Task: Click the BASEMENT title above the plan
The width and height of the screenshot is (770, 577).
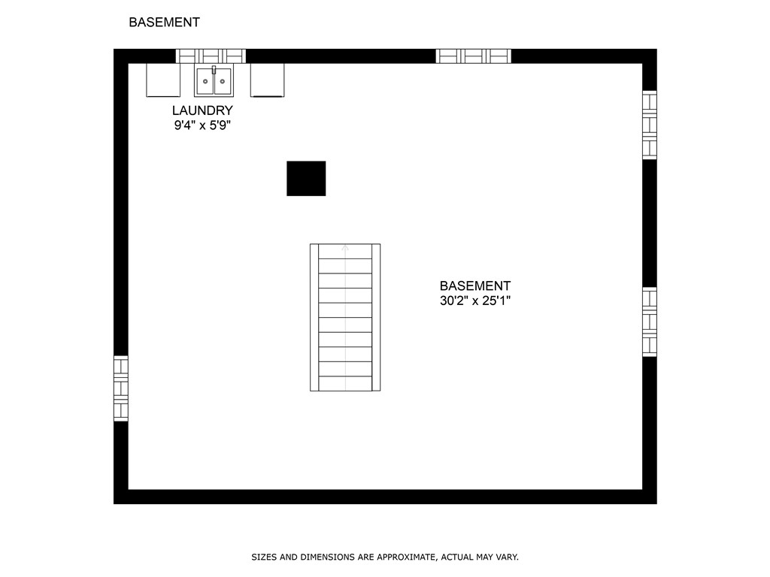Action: coord(164,22)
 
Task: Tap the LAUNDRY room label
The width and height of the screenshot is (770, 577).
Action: coord(202,110)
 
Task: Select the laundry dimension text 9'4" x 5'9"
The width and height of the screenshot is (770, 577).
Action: coord(202,125)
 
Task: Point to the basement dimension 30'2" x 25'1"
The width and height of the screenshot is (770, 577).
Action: coord(475,301)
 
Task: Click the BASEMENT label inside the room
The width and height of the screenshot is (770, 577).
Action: coord(475,285)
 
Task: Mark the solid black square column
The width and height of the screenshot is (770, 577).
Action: coord(306,178)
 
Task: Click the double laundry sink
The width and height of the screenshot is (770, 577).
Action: coord(214,81)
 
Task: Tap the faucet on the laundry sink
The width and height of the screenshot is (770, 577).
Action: coord(214,70)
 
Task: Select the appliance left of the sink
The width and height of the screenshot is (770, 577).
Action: coord(163,80)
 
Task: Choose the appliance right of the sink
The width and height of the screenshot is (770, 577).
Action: coord(267,80)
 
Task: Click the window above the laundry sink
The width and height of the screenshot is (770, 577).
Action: coord(211,56)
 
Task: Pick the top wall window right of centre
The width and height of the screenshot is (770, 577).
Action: coord(474,56)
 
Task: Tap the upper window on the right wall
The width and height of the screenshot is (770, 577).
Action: coord(650,125)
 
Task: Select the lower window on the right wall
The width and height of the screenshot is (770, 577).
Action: coord(650,322)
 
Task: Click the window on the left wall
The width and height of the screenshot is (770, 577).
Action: coord(121,388)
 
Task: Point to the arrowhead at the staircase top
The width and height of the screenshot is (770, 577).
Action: coord(345,248)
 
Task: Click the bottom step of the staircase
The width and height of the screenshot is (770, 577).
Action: coord(345,384)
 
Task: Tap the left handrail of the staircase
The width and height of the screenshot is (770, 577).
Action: coord(314,318)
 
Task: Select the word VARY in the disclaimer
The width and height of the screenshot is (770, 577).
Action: coord(508,557)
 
